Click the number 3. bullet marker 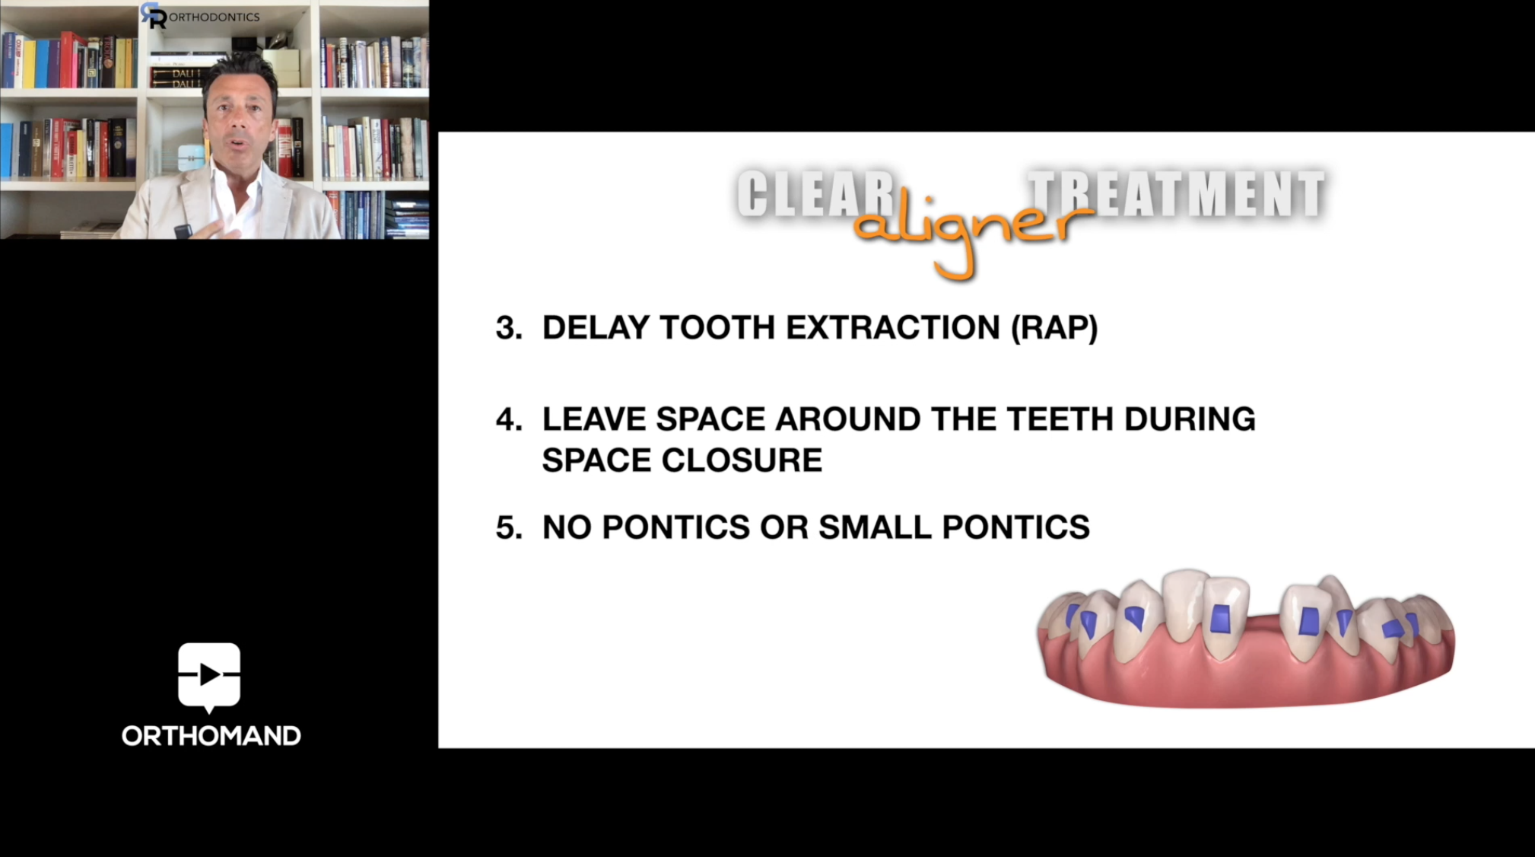point(509,328)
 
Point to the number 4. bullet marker point(509,419)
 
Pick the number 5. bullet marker point(509,527)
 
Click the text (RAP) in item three point(1054,328)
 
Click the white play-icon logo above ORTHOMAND point(209,676)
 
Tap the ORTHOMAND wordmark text point(211,736)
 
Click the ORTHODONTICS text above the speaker point(214,17)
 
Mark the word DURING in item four point(1190,419)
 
